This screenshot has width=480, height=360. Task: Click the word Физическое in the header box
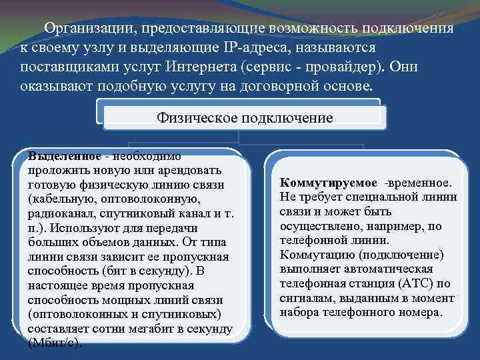pos(199,118)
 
